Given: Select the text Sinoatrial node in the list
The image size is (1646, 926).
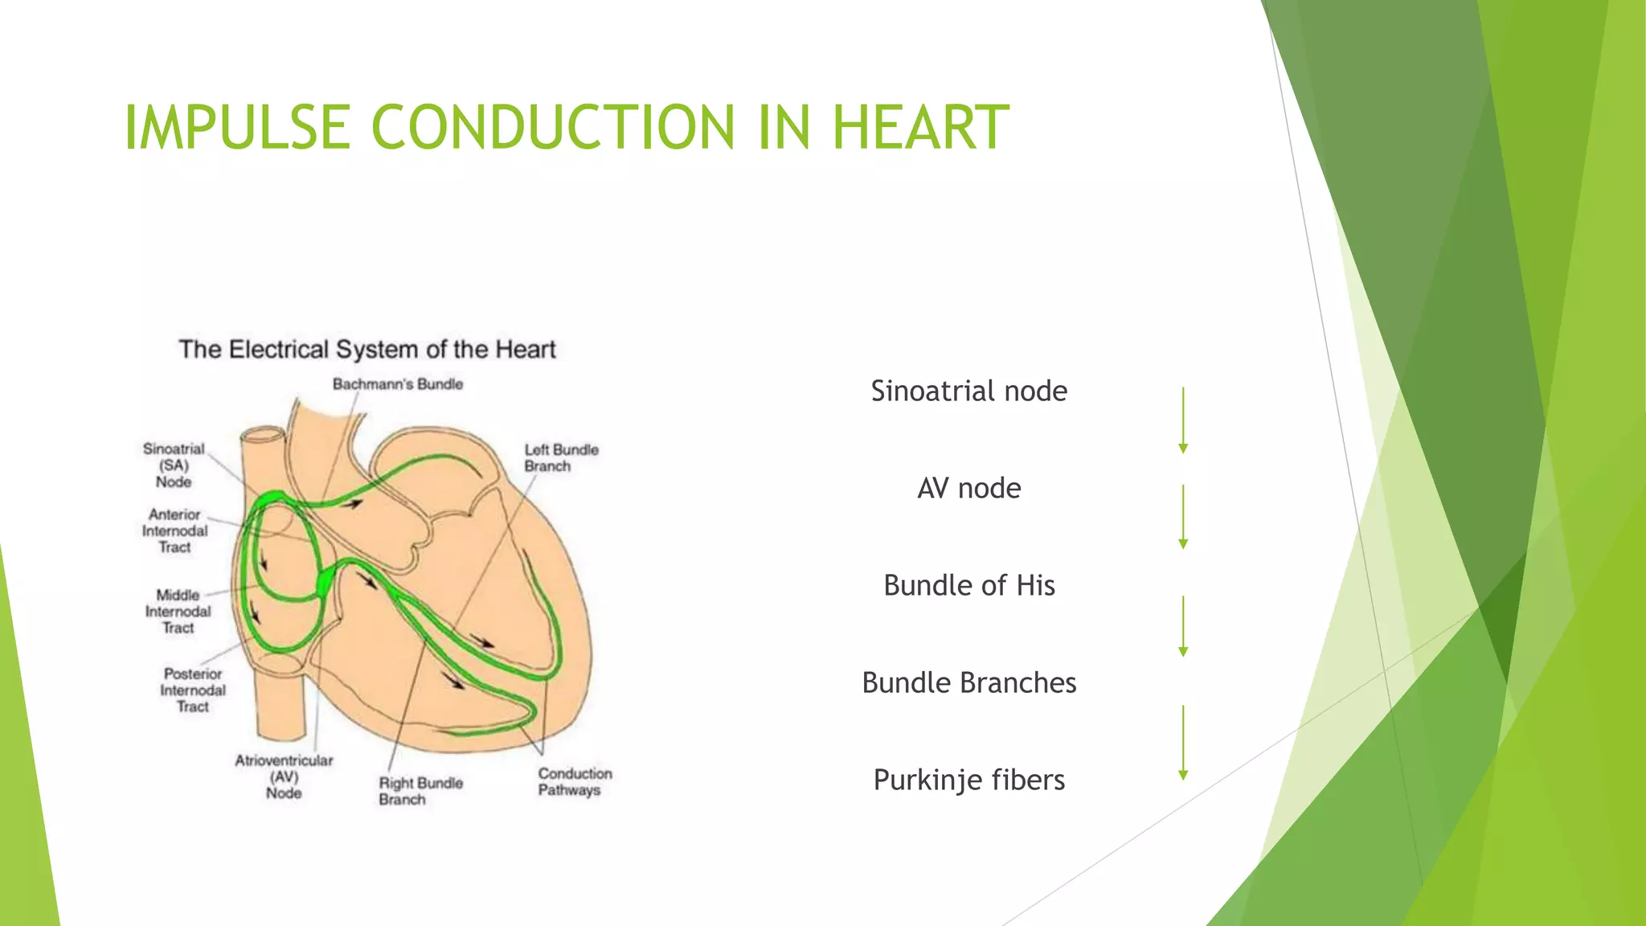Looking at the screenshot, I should tap(968, 391).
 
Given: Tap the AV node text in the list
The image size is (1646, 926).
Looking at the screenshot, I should tap(968, 488).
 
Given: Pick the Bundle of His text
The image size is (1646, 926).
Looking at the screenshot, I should tap(968, 585).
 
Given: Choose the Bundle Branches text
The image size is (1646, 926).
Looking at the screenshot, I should tap(968, 682).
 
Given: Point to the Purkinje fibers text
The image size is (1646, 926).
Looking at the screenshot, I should tap(968, 780).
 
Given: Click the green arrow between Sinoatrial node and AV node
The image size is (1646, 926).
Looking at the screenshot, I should tap(1183, 420).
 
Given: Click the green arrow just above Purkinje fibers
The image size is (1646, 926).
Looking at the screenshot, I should tap(1183, 743).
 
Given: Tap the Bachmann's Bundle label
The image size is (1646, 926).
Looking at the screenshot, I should tap(398, 384).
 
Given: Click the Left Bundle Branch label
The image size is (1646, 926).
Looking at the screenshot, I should tap(561, 457).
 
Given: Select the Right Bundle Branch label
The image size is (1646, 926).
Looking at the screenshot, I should tap(420, 791).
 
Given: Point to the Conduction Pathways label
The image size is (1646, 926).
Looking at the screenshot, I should tap(575, 781).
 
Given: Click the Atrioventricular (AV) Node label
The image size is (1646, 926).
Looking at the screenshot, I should tap(284, 776).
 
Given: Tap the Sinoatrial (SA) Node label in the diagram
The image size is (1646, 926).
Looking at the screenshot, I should tap(174, 465).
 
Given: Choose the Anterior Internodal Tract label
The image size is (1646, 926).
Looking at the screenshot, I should tap(174, 531).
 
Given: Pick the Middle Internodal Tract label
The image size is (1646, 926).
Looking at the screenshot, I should tap(178, 612).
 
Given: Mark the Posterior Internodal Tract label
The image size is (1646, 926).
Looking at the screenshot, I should tap(193, 690).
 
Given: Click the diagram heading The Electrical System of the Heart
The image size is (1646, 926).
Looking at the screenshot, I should tap(366, 350).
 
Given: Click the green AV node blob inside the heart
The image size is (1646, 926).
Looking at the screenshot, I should tap(326, 581).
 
